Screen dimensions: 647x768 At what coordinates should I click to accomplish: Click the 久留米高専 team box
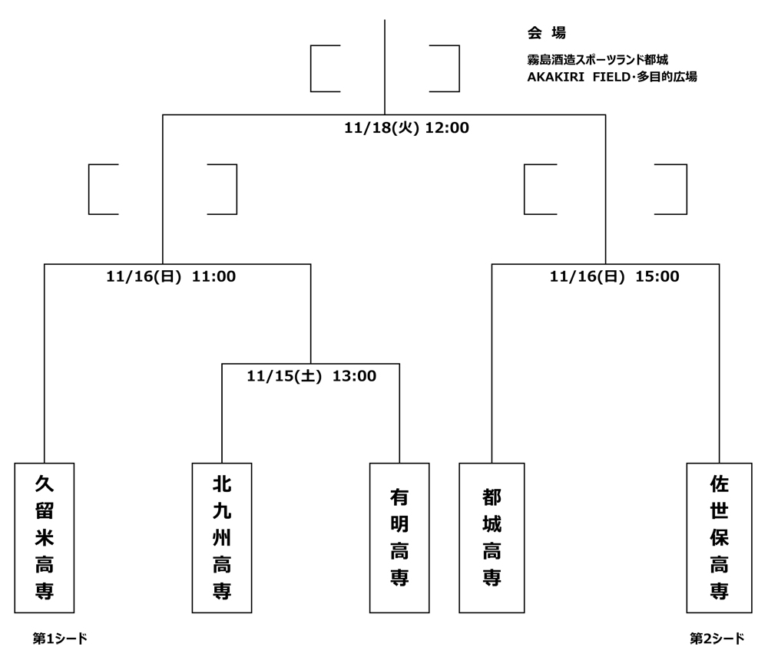point(45,537)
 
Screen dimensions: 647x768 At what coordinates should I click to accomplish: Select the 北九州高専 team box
point(222,537)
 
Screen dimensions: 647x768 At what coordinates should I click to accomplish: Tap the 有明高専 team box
point(399,537)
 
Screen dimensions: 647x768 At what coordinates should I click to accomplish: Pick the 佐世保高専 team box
point(719,537)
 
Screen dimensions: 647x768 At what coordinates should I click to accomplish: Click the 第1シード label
point(60,638)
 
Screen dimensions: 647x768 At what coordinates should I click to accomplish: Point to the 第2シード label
point(717,638)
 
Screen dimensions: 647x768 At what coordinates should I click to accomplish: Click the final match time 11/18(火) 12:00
point(406,128)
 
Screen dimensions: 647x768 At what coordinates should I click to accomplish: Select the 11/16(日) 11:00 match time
point(170,277)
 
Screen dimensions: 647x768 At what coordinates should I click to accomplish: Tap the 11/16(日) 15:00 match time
point(614,277)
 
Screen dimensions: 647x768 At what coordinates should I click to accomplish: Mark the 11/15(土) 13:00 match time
point(311,376)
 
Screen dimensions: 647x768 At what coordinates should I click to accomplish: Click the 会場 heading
point(546,33)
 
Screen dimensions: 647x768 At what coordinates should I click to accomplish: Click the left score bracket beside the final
point(325,68)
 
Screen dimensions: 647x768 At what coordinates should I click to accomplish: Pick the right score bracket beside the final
point(444,68)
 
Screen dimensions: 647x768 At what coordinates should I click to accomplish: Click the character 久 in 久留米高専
point(45,484)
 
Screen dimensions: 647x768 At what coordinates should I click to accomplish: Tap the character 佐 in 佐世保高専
point(719,484)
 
